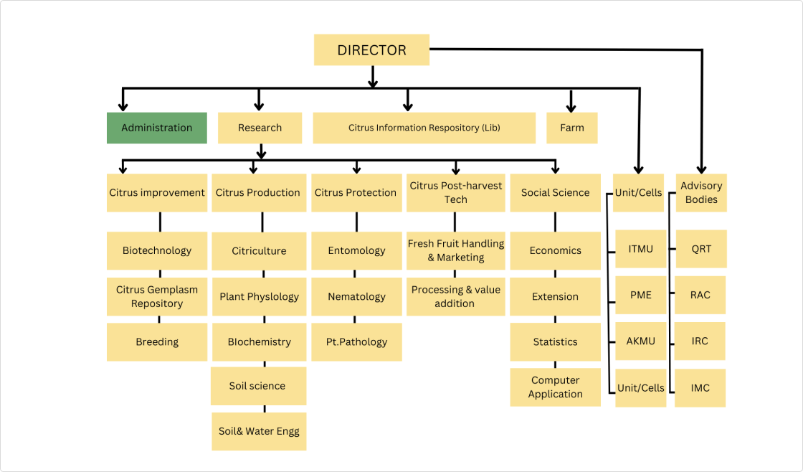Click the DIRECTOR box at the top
point(371,50)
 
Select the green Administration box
point(157,128)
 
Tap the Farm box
point(571,128)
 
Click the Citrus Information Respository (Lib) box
point(424,128)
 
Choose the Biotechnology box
point(157,250)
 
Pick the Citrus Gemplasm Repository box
point(157,296)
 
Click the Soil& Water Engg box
point(259,431)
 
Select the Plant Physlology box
point(259,296)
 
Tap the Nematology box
point(356,296)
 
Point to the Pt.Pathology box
point(356,342)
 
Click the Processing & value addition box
point(455,296)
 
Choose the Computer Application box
point(555,387)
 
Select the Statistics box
point(555,342)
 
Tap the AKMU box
point(640,341)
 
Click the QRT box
point(700,249)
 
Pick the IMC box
point(700,388)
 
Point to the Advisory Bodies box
point(700,192)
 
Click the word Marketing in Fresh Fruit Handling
point(461,258)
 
